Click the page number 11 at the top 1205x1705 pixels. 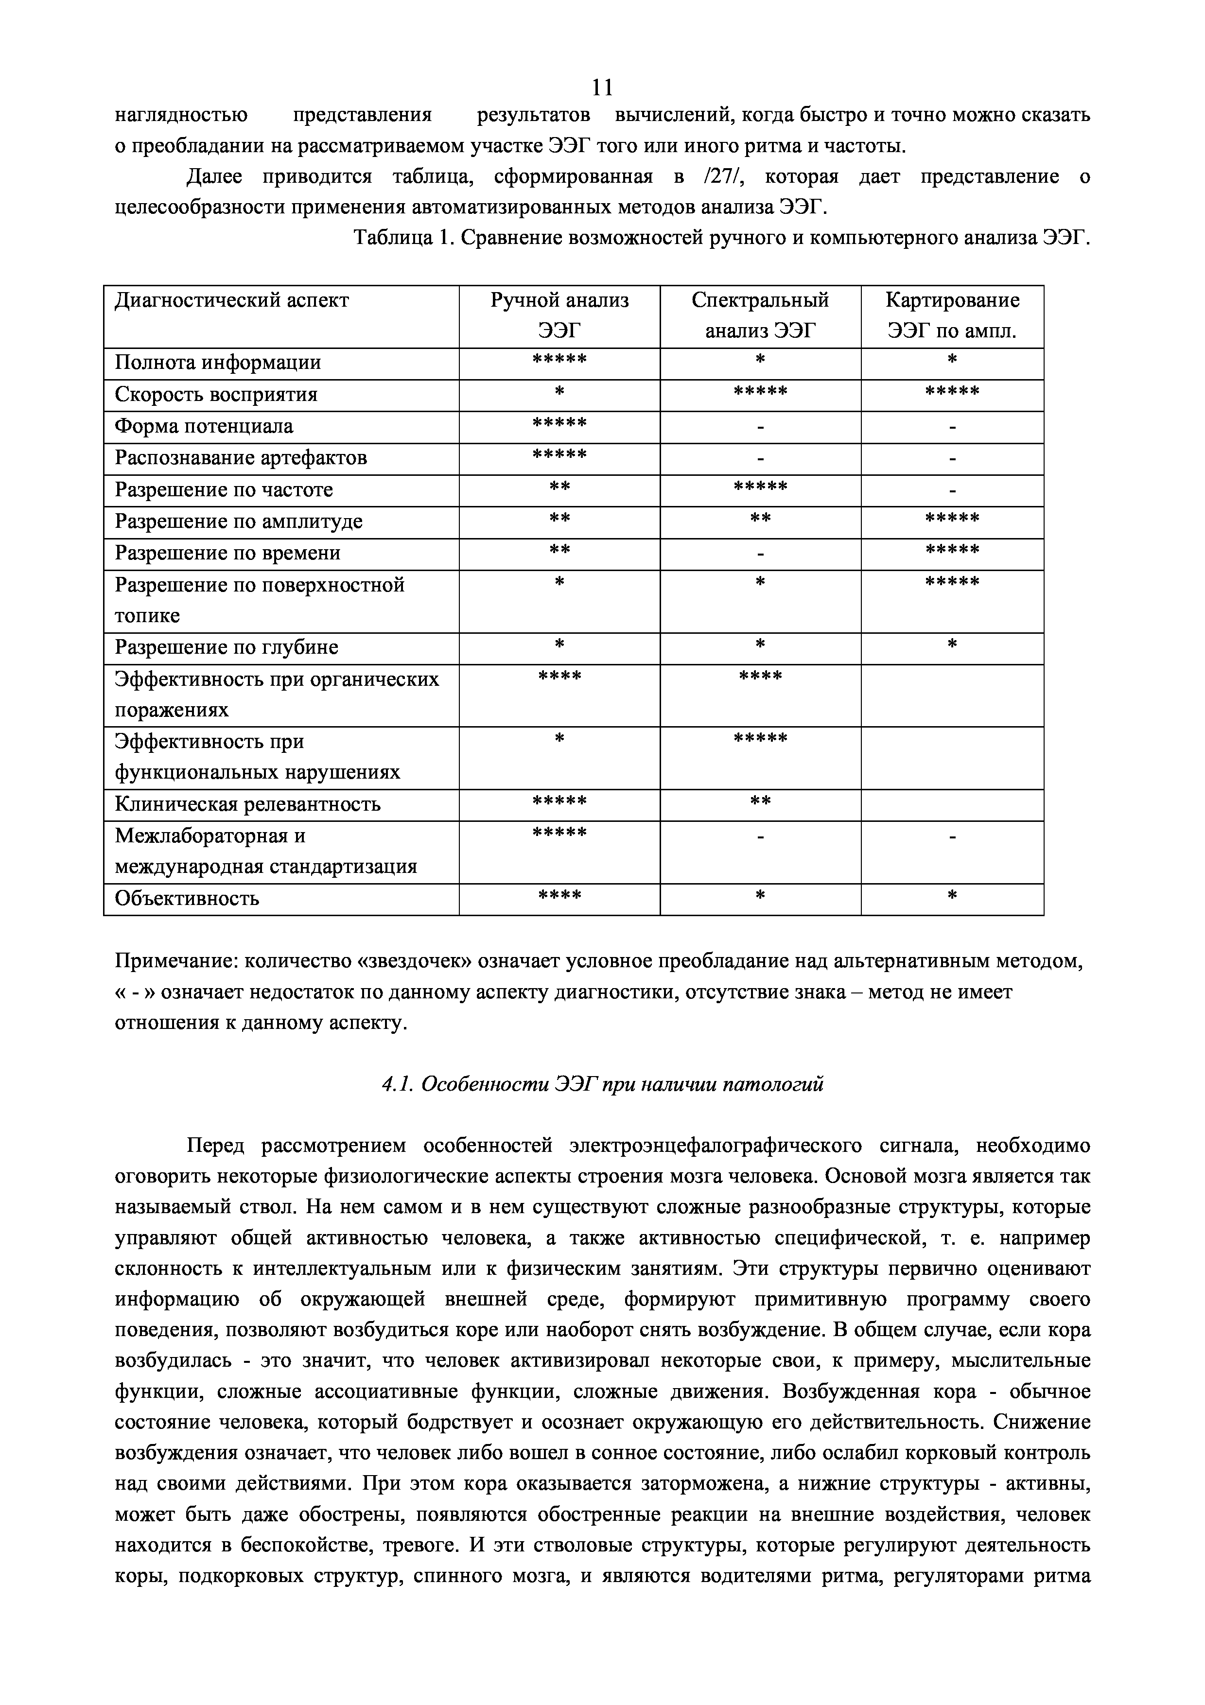(x=602, y=87)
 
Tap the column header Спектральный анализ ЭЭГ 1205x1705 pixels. (x=760, y=315)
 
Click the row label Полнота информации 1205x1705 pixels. (x=218, y=363)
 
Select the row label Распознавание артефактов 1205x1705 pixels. (x=241, y=458)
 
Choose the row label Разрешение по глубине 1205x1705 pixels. (x=227, y=647)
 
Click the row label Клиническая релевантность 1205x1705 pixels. (x=247, y=804)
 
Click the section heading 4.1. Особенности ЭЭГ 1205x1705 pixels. (x=602, y=1085)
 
